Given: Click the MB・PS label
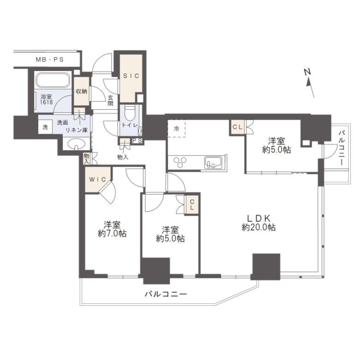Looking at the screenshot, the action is [49, 60].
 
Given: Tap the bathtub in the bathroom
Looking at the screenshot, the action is [53, 80].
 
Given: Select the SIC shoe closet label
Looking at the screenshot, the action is [131, 76].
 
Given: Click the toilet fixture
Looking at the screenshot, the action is [130, 113].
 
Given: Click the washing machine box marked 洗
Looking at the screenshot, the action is [45, 127].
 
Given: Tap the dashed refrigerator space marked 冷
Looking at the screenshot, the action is [176, 129].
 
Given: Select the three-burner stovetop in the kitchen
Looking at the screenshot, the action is [180, 162].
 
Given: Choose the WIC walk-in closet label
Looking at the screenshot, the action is [97, 180].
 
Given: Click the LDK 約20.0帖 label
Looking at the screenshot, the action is [259, 222].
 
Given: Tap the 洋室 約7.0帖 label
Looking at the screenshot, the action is [112, 229].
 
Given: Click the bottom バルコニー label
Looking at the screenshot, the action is [166, 294].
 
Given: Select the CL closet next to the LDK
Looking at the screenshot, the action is [192, 205].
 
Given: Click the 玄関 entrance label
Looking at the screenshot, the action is [110, 100].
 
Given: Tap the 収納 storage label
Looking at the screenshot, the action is [82, 91].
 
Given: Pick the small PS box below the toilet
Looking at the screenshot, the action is [137, 141].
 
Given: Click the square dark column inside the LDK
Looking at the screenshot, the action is [266, 266].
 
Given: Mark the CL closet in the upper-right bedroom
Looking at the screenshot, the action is [237, 127].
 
